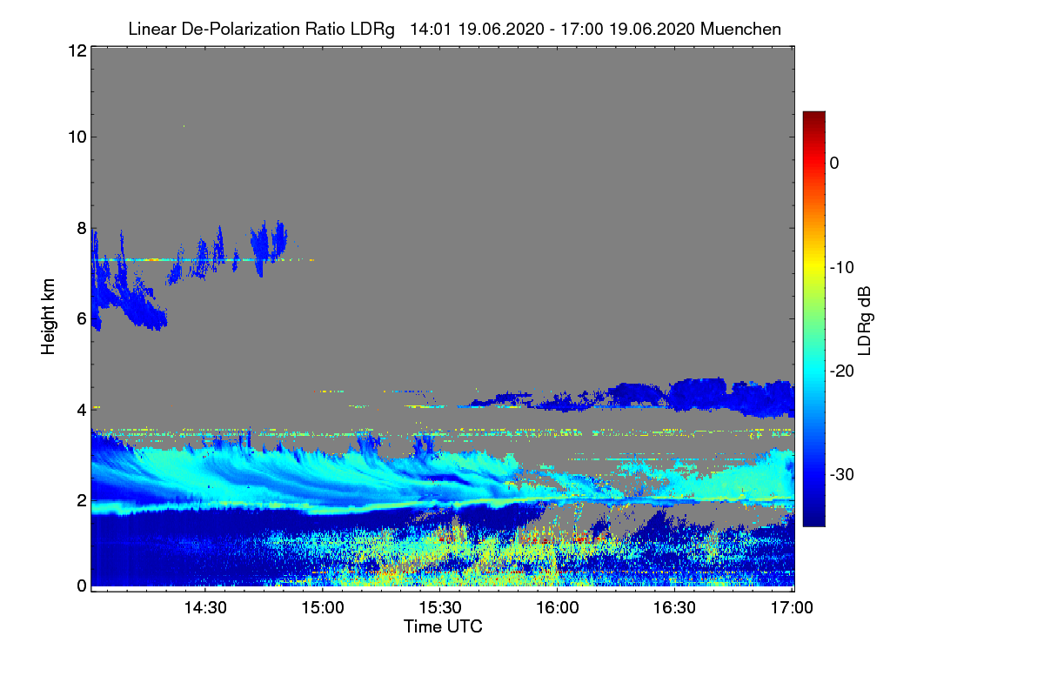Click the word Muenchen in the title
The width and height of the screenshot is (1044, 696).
[x=742, y=29]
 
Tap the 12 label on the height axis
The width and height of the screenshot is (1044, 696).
[x=76, y=51]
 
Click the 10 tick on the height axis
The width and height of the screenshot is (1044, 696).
[x=76, y=137]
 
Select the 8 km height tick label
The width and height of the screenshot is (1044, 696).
[x=80, y=228]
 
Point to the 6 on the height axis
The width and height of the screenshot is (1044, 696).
[x=80, y=318]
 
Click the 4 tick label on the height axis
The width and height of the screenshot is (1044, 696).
[x=80, y=409]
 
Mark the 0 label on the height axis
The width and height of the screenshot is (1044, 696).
[x=80, y=586]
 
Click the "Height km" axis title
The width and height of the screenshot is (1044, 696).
[x=49, y=317]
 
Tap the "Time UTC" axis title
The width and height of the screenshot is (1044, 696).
[x=443, y=626]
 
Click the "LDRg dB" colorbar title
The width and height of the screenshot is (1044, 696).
[x=865, y=321]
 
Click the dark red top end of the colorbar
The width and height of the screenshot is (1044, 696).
[x=813, y=117]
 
